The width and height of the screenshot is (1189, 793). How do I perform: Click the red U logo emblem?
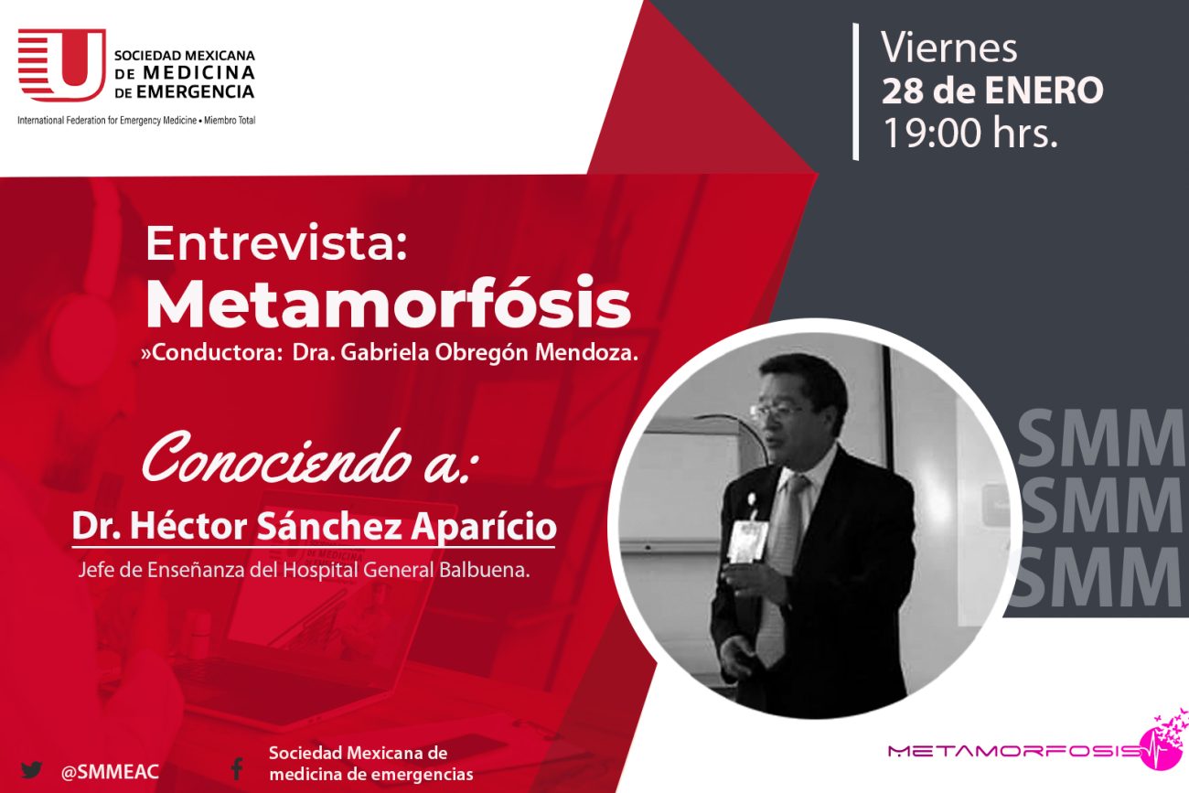62,65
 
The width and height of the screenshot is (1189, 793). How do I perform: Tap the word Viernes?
949,48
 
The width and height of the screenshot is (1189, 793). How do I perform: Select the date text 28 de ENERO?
992,91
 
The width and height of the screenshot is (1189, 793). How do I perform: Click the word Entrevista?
276,243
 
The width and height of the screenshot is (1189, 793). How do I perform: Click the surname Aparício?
483,527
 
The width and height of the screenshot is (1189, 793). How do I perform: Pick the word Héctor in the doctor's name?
188,526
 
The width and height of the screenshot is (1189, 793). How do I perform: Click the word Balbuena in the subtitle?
484,570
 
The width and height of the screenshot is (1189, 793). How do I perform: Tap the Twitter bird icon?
31,769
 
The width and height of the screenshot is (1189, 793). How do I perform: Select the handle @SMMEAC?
110,772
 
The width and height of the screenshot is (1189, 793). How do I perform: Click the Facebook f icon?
237,768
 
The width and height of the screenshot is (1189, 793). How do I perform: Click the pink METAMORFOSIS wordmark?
1015,751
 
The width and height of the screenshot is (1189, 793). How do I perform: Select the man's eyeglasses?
775,411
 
